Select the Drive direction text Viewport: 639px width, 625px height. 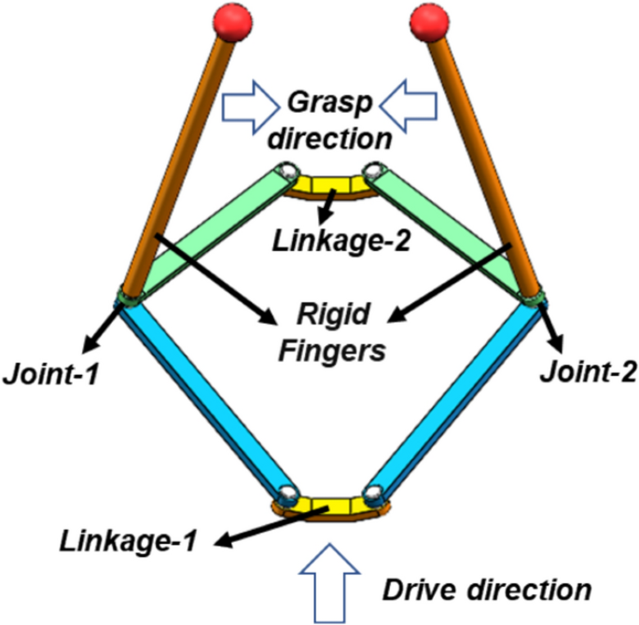click(488, 589)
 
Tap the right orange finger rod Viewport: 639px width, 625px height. click(480, 159)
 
